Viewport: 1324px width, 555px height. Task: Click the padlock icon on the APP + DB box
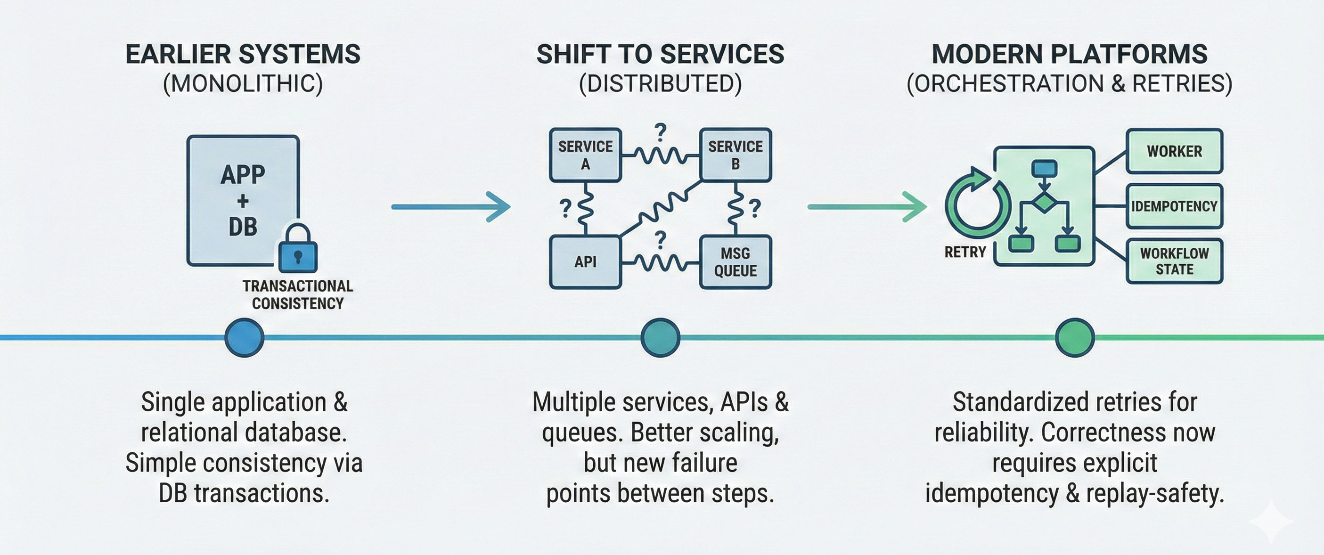point(298,249)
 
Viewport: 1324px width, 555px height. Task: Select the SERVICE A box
point(585,155)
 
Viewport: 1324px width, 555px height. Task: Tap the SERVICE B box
point(735,155)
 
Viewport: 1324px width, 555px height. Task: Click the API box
point(585,261)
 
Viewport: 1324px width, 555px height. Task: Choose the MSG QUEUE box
point(735,261)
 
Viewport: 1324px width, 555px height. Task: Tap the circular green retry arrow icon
point(973,205)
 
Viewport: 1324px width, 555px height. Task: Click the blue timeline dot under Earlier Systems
point(244,338)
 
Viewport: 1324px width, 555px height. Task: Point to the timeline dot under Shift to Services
point(660,338)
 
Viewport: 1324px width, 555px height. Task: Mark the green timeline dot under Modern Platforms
point(1074,338)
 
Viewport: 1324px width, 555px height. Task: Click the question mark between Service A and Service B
point(660,132)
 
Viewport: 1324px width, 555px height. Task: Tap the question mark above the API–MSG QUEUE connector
point(660,239)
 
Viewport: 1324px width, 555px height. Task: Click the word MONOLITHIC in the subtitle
point(243,83)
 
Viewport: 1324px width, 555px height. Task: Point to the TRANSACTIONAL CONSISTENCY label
point(298,294)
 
